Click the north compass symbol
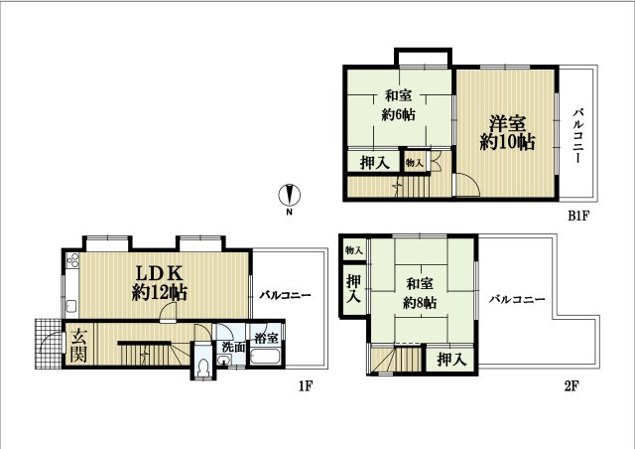pos(289,195)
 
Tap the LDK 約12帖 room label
pos(159,283)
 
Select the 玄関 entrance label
pos(78,345)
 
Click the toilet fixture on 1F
pos(201,368)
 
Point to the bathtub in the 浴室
pos(265,357)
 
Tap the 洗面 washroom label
pos(234,347)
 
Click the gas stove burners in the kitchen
pos(72,260)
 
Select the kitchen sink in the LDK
pos(71,307)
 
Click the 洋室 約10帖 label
pos(507,133)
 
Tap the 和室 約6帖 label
pos(399,105)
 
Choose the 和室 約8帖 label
pos(420,293)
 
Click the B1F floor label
pos(577,216)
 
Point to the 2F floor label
pos(571,386)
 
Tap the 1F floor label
pos(306,386)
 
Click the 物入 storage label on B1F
pos(415,163)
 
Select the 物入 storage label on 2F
pos(354,250)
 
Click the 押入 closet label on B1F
pos(375,163)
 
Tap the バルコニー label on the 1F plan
pos(285,295)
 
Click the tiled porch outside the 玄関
pos(49,344)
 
